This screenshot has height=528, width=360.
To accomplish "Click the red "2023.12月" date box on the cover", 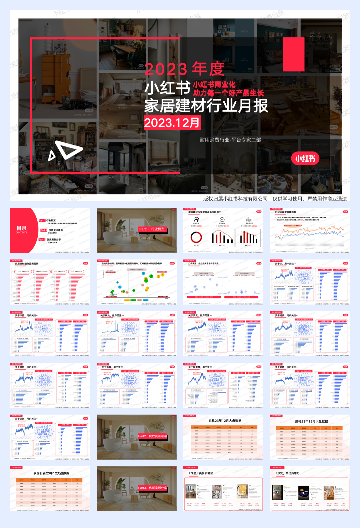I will pyautogui.click(x=172, y=122).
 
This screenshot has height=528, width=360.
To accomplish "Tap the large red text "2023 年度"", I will pyautogui.click(x=184, y=69).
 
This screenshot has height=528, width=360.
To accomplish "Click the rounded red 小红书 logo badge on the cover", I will pyautogui.click(x=305, y=158).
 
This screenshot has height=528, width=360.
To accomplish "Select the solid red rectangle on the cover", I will pyautogui.click(x=294, y=54).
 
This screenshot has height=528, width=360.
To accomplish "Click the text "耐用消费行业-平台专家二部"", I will pyautogui.click(x=230, y=140).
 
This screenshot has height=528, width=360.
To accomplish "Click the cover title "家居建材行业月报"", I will pyautogui.click(x=206, y=106).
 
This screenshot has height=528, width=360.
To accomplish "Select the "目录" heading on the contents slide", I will pyautogui.click(x=22, y=228).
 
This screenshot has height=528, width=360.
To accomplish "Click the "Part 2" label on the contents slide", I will pyautogui.click(x=44, y=230).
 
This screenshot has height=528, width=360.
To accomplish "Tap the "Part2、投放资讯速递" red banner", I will pyautogui.click(x=152, y=436).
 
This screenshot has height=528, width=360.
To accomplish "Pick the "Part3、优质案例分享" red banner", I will pyautogui.click(x=152, y=488).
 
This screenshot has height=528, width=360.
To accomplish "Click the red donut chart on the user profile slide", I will pyautogui.click(x=196, y=237).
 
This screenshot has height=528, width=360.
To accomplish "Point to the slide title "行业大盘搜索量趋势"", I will pyautogui.click(x=285, y=212).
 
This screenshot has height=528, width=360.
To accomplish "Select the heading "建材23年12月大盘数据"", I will pyautogui.click(x=311, y=421).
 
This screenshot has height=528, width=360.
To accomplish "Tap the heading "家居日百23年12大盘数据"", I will pyautogui.click(x=51, y=473).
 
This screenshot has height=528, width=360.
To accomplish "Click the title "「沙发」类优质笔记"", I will pyautogui.click(x=287, y=473).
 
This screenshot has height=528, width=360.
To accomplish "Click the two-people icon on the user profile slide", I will pyautogui.click(x=196, y=219).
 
